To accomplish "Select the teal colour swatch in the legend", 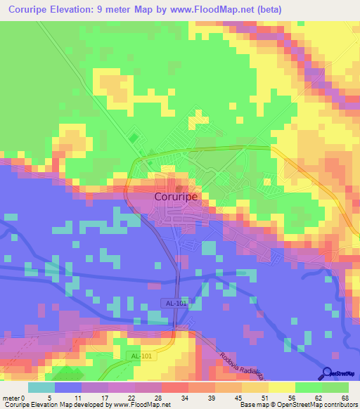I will click(x=41, y=387).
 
